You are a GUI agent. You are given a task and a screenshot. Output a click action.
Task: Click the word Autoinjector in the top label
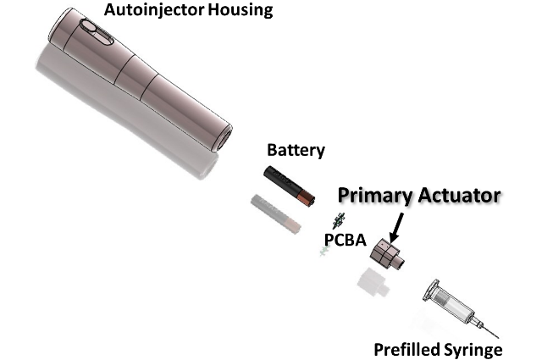pos(147,11)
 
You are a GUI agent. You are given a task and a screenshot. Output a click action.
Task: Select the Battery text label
pos(296,151)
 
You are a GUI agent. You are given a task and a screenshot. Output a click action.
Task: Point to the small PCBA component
pos(336,222)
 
